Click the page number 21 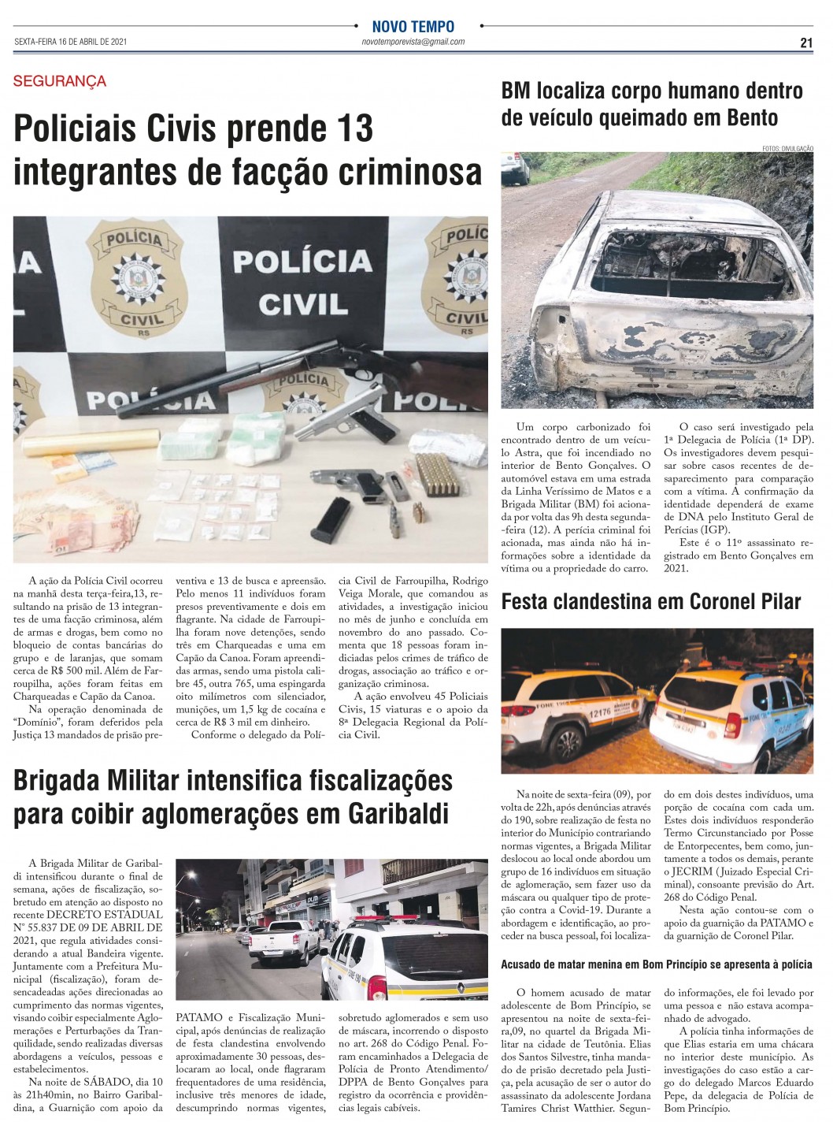pos(805,43)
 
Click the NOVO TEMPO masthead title pos(413,27)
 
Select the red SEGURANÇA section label pos(60,81)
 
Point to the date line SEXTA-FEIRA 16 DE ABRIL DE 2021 pos(71,43)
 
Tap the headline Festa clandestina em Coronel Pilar pos(651,602)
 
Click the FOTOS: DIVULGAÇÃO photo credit pos(787,149)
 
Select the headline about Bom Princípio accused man pos(657,964)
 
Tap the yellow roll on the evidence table pos(63,446)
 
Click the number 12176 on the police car pos(601,712)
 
